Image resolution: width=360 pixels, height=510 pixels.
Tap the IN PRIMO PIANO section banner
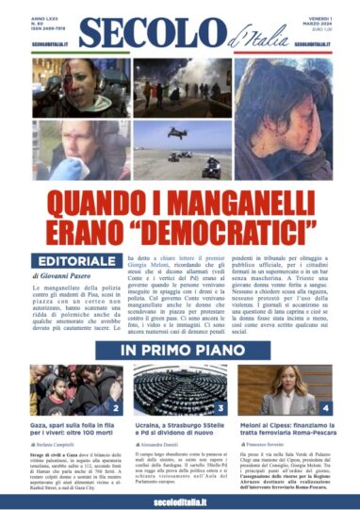pyautogui.click(x=179, y=350)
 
